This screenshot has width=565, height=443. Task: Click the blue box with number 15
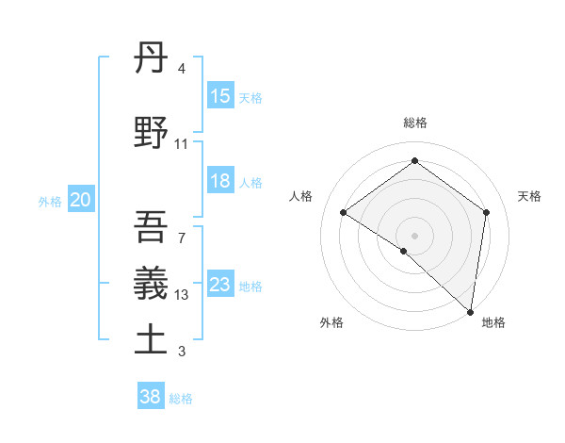click(x=220, y=96)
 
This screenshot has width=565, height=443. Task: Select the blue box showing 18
click(x=220, y=182)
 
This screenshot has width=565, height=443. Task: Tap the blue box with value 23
click(x=220, y=285)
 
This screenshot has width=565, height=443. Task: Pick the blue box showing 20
click(x=81, y=200)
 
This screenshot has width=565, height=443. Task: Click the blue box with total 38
click(x=151, y=398)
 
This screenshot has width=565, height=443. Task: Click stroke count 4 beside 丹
click(x=181, y=69)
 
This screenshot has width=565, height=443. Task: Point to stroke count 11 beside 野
click(x=181, y=144)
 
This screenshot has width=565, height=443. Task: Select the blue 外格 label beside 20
click(x=50, y=201)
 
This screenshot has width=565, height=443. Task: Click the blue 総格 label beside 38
click(x=181, y=399)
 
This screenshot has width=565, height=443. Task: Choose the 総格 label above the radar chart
click(x=414, y=123)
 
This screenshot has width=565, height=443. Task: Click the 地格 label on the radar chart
click(x=493, y=322)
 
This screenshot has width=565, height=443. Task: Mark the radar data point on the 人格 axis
click(x=344, y=212)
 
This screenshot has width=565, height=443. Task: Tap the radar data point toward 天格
click(x=486, y=212)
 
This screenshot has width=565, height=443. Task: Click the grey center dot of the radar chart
click(x=414, y=235)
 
